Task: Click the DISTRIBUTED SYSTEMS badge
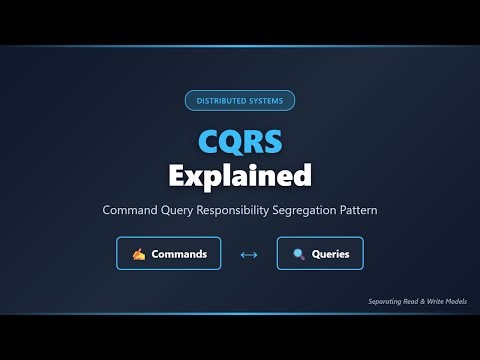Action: click(240, 100)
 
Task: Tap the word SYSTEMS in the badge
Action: click(267, 100)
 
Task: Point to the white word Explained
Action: click(240, 176)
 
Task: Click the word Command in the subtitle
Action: click(131, 211)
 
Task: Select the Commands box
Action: click(168, 254)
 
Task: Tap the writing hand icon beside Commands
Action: click(138, 255)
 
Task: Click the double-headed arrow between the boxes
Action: click(249, 255)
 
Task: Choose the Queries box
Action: click(320, 254)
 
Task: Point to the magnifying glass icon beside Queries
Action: click(298, 255)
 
